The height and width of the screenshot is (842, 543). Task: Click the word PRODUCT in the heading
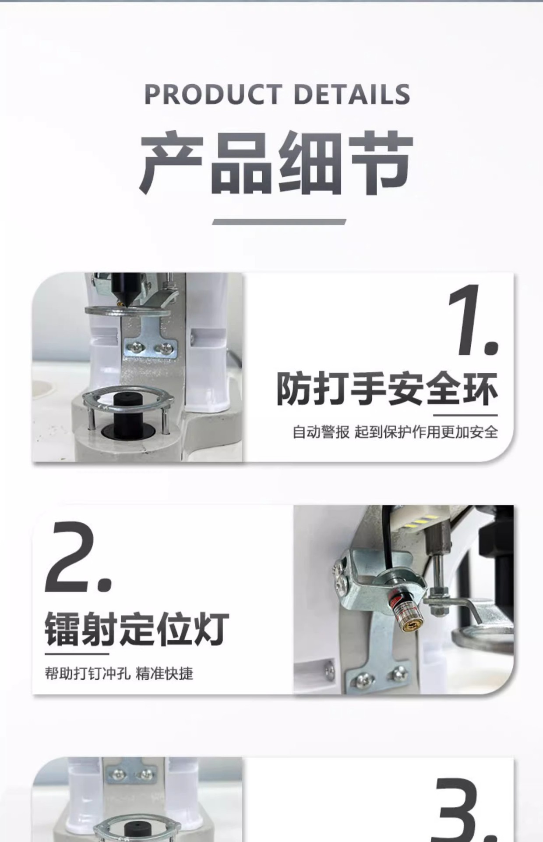[213, 94]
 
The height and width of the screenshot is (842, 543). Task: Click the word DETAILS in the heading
[352, 94]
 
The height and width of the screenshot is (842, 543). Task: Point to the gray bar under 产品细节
[279, 222]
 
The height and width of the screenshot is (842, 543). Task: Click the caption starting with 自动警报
[395, 432]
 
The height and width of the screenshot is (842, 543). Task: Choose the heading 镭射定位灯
[137, 629]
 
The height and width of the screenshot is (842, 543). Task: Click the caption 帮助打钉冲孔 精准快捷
[119, 673]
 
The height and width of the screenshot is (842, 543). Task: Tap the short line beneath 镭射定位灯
[77, 654]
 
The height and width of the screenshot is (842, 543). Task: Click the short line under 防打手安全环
[465, 415]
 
